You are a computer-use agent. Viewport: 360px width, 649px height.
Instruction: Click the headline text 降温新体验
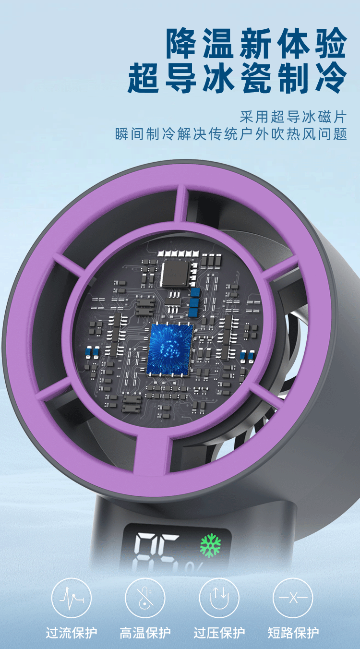pyautogui.click(x=256, y=44)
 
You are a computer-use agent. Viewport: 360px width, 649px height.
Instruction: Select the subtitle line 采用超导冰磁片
pyautogui.click(x=293, y=117)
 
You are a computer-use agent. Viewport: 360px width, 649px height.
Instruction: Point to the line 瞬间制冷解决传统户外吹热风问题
pyautogui.click(x=231, y=134)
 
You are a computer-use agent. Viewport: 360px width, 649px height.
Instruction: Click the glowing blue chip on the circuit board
pyautogui.click(x=170, y=349)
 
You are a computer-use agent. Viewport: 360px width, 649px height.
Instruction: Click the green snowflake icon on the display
pyautogui.click(x=210, y=545)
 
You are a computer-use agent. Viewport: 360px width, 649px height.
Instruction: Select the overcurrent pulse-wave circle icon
pyautogui.click(x=72, y=598)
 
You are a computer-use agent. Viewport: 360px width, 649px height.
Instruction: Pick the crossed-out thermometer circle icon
pyautogui.click(x=145, y=598)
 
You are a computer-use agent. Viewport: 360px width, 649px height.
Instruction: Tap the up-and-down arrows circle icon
pyautogui.click(x=219, y=598)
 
